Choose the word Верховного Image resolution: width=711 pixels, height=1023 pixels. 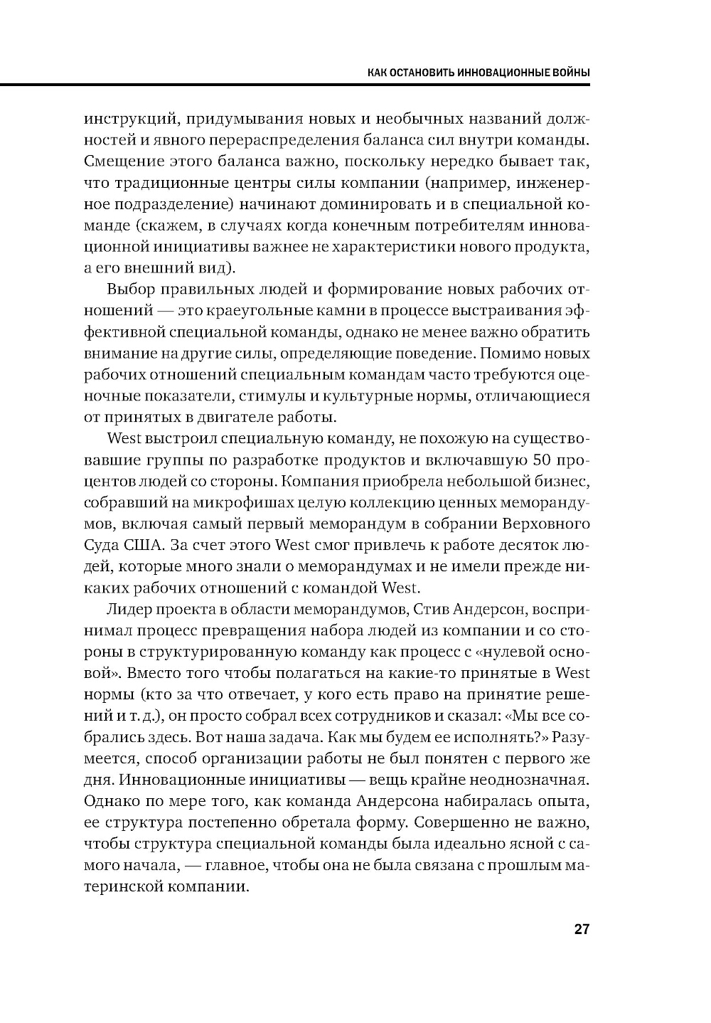pos(547,524)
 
